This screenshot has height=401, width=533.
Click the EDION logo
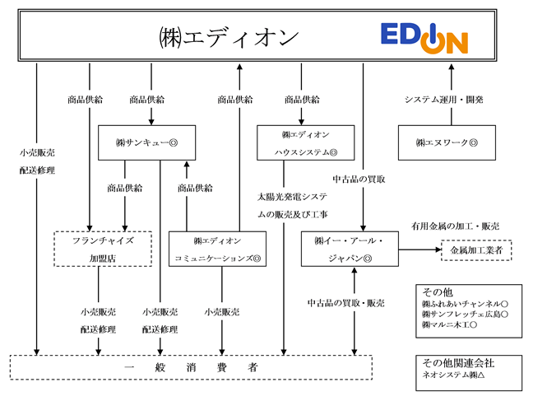tap(424, 38)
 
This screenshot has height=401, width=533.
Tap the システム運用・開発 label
tap(443, 100)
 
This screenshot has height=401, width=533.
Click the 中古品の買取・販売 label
tap(345, 303)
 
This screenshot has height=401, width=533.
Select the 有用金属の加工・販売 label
tap(455, 226)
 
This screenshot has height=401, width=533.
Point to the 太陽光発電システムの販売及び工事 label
tap(292, 205)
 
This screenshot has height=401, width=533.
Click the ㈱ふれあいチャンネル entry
tap(465, 304)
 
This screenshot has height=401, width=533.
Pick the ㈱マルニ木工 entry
tap(449, 324)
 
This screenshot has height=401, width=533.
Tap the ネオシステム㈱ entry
tap(453, 375)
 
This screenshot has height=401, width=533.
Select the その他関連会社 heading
tap(458, 363)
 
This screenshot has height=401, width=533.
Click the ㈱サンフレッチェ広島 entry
tap(465, 315)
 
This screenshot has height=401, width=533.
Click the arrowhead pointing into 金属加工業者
tap(438, 249)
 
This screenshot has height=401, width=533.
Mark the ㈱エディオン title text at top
tap(229, 37)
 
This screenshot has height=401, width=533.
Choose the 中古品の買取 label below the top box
tap(359, 179)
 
